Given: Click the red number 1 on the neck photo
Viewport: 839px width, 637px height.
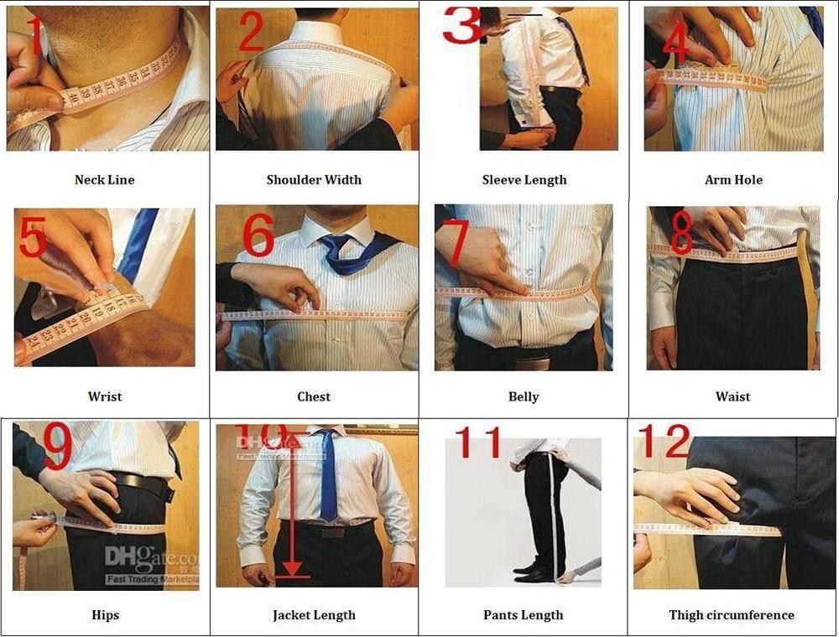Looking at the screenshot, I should click(x=35, y=35).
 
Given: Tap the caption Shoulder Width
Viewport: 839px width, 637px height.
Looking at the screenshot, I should click(x=314, y=179).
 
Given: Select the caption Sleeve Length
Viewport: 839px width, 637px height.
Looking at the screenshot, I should click(x=524, y=179).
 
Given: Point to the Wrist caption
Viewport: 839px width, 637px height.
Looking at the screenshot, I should click(x=105, y=396).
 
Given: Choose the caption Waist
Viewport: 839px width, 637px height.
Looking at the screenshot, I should click(x=732, y=396).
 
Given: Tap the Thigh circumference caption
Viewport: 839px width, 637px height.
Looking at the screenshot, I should click(x=731, y=614).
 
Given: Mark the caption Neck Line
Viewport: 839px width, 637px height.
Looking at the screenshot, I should click(x=104, y=179).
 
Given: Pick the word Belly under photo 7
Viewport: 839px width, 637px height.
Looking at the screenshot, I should click(x=524, y=396).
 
